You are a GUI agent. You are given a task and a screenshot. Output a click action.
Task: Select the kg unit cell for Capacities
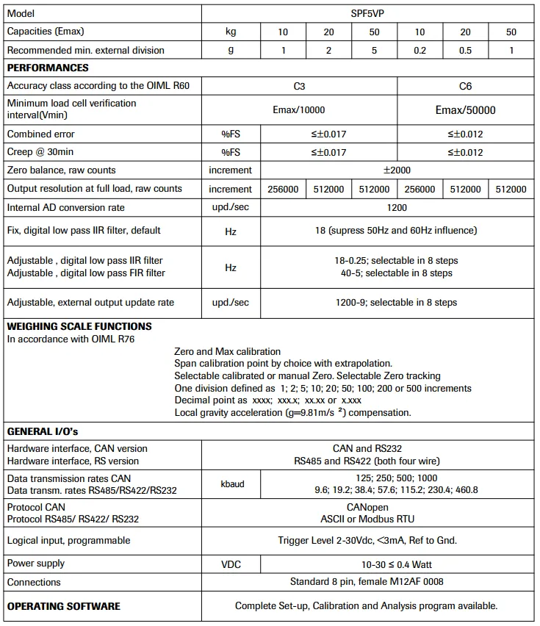(x=231, y=32)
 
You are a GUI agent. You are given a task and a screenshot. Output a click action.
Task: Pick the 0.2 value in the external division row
(x=420, y=51)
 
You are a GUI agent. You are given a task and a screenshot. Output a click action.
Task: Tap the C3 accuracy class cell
(x=299, y=86)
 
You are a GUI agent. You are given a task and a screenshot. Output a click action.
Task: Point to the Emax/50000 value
(x=465, y=110)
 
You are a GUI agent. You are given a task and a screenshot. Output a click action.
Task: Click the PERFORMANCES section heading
(x=48, y=68)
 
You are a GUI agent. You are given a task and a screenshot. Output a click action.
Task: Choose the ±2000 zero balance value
(x=397, y=170)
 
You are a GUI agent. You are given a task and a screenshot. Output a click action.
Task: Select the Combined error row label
(x=41, y=134)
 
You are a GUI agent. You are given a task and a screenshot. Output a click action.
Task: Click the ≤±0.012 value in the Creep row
(x=465, y=153)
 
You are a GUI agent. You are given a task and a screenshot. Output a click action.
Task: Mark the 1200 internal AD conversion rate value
(x=397, y=207)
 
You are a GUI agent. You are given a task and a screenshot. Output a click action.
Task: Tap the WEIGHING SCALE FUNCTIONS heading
(x=79, y=326)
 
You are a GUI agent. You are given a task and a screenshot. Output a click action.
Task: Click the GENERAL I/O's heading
(x=43, y=431)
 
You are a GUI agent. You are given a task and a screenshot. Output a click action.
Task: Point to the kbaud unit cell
(x=231, y=484)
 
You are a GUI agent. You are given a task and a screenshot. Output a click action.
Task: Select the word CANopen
(x=367, y=508)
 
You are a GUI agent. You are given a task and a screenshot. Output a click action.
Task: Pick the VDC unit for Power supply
(x=231, y=564)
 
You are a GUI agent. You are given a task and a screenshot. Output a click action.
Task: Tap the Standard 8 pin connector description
(x=367, y=582)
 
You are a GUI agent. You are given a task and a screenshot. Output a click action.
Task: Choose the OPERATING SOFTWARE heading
(x=64, y=606)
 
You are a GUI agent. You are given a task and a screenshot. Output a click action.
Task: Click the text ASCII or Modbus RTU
(x=367, y=519)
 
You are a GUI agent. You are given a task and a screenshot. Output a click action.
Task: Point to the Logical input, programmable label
(x=69, y=541)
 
